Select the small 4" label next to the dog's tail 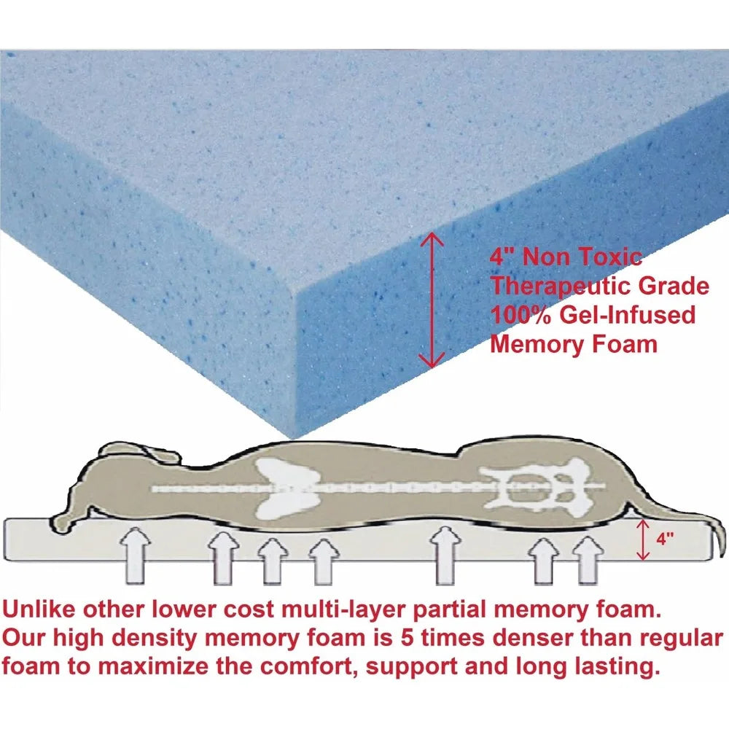[x=664, y=540]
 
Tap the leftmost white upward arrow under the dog [x=137, y=555]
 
